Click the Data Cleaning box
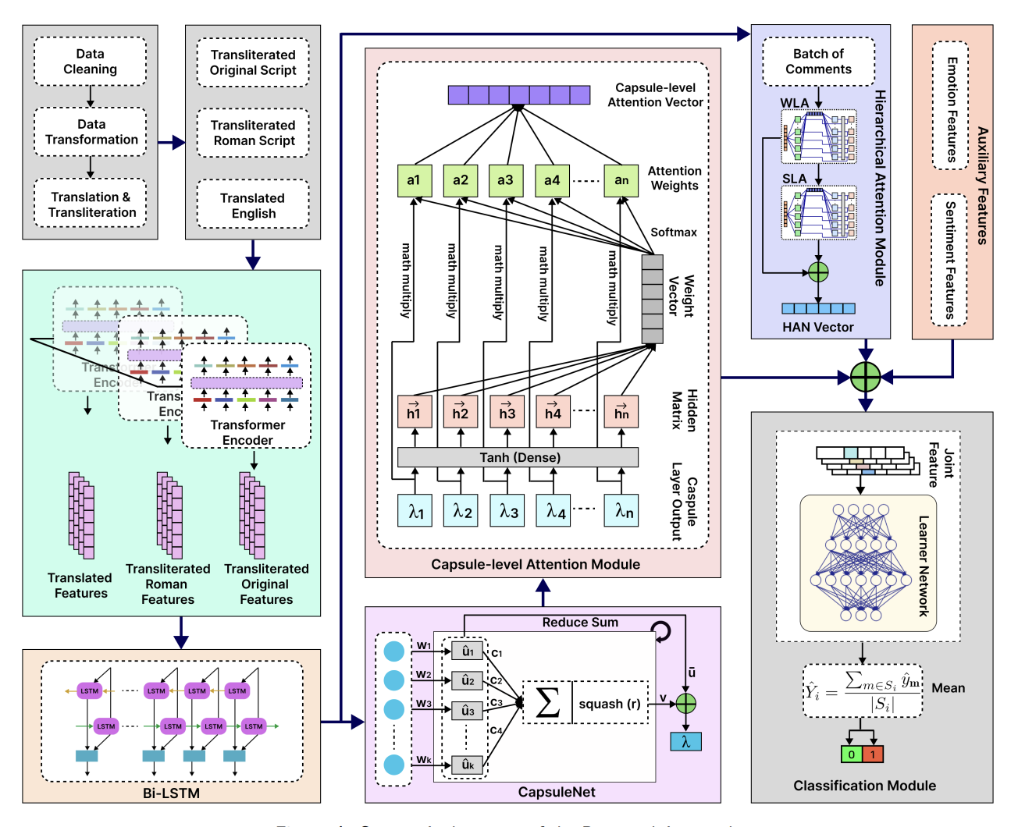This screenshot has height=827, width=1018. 90,62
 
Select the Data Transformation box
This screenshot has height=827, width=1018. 91,132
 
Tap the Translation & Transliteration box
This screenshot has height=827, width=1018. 91,204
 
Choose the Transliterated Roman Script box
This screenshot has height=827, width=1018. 253,133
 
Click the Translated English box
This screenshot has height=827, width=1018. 253,205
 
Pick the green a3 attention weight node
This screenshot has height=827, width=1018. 506,180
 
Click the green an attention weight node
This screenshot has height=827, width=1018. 621,180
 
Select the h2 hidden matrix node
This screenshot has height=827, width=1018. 461,412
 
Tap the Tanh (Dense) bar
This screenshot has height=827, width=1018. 518,457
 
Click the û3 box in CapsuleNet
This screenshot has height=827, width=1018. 468,710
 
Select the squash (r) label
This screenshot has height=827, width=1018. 610,704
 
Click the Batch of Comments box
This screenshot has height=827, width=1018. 818,62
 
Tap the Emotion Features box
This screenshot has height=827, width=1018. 950,106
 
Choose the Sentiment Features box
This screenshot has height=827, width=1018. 950,260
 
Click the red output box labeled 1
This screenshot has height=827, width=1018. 873,754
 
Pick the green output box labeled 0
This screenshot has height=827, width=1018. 851,754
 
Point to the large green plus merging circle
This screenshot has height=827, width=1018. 865,378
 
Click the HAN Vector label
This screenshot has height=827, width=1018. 818,327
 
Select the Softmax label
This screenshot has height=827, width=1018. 674,232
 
